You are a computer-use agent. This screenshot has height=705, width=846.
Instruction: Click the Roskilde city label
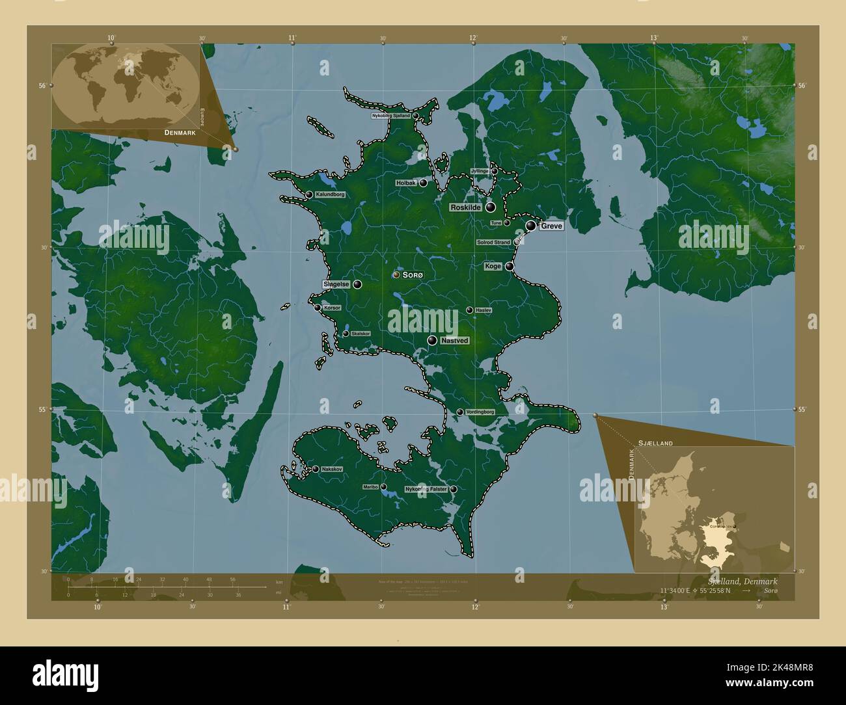(465, 207)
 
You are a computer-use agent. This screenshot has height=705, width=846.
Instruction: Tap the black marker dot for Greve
(532, 226)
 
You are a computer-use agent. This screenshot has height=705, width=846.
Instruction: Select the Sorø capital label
(413, 276)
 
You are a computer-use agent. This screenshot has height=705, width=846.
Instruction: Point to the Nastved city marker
(432, 340)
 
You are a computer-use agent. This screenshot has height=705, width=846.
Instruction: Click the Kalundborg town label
(330, 194)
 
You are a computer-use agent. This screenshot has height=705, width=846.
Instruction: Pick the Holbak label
(405, 183)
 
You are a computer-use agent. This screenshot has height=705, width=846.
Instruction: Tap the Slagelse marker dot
(358, 284)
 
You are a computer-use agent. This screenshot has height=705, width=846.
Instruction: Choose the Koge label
(493, 266)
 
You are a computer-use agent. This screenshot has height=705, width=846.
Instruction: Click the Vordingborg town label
(480, 412)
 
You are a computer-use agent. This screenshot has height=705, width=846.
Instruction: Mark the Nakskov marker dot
(315, 469)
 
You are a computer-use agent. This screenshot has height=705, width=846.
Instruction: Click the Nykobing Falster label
(426, 489)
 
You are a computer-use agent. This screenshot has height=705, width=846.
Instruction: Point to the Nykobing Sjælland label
(390, 116)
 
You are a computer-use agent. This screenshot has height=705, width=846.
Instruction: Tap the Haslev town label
(483, 311)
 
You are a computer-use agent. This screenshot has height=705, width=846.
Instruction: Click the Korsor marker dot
(318, 308)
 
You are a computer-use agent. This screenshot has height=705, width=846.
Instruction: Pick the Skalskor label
(360, 334)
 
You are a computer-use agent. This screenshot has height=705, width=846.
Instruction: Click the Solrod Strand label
(493, 243)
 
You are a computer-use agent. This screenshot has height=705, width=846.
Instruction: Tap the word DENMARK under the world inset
(180, 133)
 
